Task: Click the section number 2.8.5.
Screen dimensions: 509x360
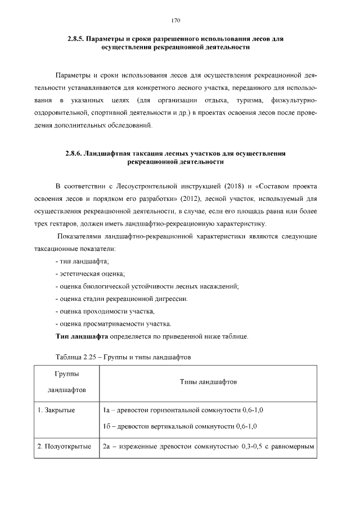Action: click(x=75, y=39)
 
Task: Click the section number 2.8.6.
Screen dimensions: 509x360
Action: click(x=74, y=154)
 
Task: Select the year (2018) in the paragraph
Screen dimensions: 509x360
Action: click(x=236, y=186)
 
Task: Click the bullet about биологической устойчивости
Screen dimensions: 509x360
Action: click(x=147, y=286)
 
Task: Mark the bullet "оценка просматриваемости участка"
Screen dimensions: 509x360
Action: click(x=113, y=324)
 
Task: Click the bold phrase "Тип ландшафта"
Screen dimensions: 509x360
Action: click(x=81, y=337)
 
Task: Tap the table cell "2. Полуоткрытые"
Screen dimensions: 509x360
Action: click(x=64, y=447)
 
